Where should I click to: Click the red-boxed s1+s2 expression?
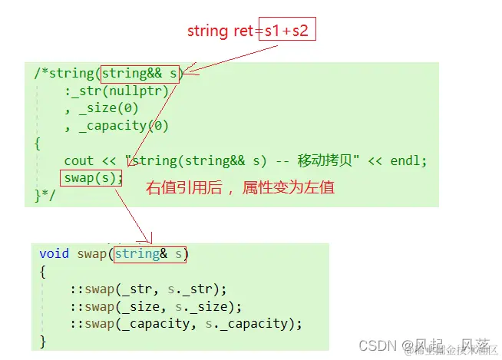(x=287, y=31)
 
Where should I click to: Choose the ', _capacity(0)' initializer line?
(x=117, y=126)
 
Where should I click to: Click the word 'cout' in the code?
(x=79, y=160)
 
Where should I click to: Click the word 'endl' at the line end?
(x=408, y=160)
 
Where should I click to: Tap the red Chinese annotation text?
(x=239, y=187)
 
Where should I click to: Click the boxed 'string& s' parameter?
(x=150, y=253)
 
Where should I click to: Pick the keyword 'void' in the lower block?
(x=54, y=253)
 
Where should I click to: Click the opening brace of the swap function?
(x=43, y=271)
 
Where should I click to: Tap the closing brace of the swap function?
(x=43, y=340)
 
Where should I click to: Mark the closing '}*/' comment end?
(x=45, y=195)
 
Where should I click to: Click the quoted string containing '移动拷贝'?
(x=243, y=160)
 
